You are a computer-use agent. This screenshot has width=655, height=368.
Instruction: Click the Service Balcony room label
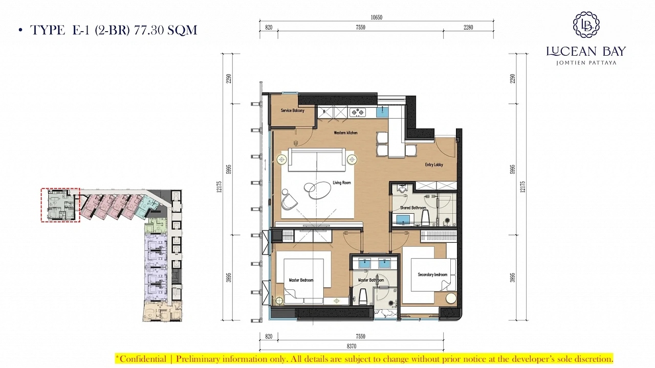(x=292, y=110)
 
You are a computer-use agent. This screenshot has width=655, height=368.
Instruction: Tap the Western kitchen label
(x=345, y=132)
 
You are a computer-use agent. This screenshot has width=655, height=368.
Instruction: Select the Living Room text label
(x=341, y=183)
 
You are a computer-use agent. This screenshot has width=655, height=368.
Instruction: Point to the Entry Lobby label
(x=434, y=165)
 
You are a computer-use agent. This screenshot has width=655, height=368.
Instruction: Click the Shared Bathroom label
(x=413, y=208)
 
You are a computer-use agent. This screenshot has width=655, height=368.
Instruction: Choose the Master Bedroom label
(x=301, y=280)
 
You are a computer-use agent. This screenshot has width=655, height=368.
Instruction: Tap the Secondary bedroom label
(x=432, y=274)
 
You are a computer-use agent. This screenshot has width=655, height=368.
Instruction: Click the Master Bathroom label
(x=371, y=280)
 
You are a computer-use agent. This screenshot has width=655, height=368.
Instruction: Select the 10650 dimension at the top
(x=376, y=17)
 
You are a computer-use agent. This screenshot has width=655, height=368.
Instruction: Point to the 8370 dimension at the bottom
(x=352, y=346)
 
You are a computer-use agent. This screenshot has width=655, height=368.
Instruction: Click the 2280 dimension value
(x=468, y=27)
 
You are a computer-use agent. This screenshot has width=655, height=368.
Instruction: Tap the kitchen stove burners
(x=358, y=112)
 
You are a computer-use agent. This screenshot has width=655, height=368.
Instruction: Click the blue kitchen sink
(x=382, y=112)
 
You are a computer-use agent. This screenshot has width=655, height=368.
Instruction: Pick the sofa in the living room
(x=317, y=160)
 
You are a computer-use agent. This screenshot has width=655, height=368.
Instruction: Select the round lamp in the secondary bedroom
(x=451, y=298)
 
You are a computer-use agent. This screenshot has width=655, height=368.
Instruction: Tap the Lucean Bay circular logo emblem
(x=586, y=25)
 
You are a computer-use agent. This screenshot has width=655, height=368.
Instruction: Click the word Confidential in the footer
(x=143, y=359)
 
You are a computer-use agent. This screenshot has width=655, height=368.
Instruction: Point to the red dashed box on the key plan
(x=60, y=205)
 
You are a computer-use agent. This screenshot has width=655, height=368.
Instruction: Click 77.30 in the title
(x=148, y=30)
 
